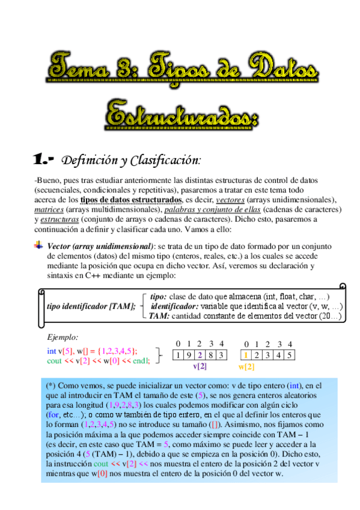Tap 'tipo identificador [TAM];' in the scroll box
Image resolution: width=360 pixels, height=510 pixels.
91,306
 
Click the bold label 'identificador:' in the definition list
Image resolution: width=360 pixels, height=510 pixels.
174,306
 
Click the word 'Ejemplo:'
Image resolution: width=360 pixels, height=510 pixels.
63,339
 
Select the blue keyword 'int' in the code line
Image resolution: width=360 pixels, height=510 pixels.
52,351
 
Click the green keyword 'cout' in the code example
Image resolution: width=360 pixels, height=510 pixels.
55,361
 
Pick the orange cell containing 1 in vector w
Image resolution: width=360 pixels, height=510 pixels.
246,355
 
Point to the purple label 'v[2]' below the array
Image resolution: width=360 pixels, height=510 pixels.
200,366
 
